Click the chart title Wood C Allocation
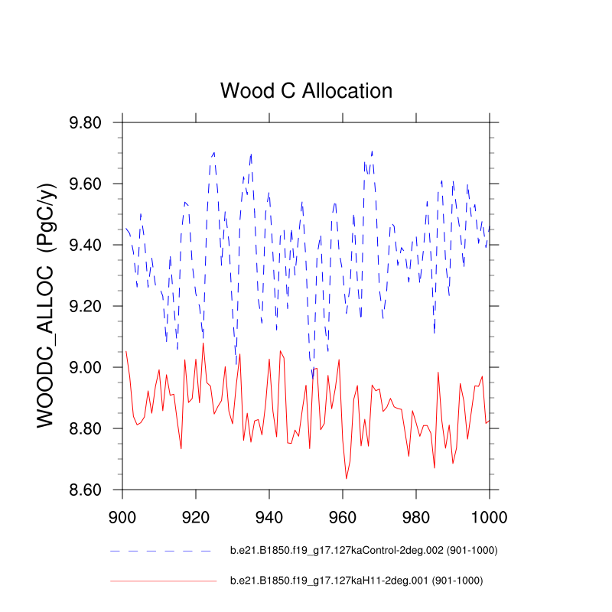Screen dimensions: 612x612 click(x=306, y=90)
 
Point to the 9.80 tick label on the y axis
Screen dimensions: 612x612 click(x=90, y=123)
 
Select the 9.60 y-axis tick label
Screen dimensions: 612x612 click(x=90, y=184)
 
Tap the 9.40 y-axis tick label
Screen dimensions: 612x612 click(x=90, y=246)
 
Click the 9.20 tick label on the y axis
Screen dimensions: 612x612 click(x=90, y=307)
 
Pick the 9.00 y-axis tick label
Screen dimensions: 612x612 click(x=90, y=368)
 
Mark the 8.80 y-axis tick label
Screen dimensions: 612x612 click(x=90, y=429)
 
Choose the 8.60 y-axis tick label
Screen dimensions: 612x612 click(x=90, y=490)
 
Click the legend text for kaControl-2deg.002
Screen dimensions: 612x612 click(x=357, y=550)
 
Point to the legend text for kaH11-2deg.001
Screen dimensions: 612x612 click(x=356, y=581)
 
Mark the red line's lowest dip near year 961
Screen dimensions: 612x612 click(x=347, y=478)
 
